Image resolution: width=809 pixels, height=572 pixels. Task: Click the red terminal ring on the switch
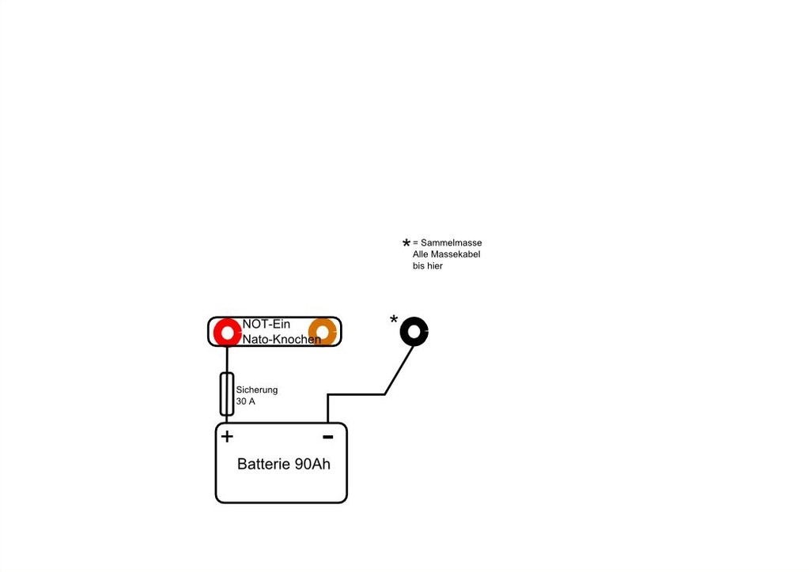(x=227, y=333)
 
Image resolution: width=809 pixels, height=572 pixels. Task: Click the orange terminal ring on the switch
(x=323, y=333)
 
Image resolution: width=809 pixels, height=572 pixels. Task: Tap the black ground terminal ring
(x=414, y=331)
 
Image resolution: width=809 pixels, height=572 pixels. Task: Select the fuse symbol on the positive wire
(x=226, y=393)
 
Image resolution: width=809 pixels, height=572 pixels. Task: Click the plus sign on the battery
(x=227, y=436)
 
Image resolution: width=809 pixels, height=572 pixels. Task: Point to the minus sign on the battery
(x=327, y=437)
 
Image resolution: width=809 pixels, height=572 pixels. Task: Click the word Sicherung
(x=257, y=390)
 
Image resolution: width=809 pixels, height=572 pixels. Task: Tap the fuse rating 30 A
(x=246, y=401)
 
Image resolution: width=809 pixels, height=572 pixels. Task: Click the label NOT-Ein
(x=267, y=324)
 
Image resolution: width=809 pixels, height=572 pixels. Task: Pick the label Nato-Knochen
(x=282, y=339)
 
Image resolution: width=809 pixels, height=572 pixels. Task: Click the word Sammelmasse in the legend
(x=452, y=243)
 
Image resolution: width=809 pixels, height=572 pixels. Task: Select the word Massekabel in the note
(x=456, y=254)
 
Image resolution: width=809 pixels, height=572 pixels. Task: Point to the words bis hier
(x=428, y=266)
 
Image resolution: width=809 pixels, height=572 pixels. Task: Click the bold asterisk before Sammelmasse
(x=406, y=243)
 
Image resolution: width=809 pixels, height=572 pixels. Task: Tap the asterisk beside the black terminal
(x=394, y=319)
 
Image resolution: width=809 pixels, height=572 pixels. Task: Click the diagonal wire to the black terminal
(x=399, y=370)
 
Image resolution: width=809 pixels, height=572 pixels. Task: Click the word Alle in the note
(x=421, y=254)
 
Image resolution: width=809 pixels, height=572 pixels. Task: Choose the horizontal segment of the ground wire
(x=356, y=395)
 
